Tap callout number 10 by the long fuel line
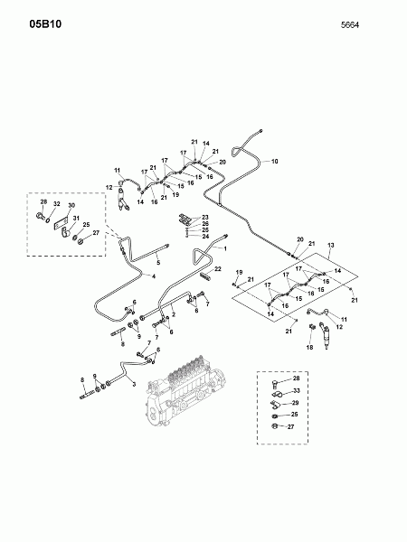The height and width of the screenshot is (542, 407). click(x=275, y=161)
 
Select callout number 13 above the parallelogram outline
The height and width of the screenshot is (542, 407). click(x=330, y=245)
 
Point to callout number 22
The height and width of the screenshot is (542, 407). click(x=217, y=269)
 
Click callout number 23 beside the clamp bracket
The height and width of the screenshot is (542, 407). click(x=205, y=218)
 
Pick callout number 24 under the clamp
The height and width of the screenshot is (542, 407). click(x=205, y=237)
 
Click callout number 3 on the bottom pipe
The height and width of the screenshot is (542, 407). click(x=133, y=384)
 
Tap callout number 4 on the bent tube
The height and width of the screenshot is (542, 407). click(x=154, y=276)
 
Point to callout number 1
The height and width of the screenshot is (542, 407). click(x=224, y=248)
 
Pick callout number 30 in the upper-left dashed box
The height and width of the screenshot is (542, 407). click(x=71, y=206)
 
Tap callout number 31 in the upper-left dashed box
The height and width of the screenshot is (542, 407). click(x=77, y=218)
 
